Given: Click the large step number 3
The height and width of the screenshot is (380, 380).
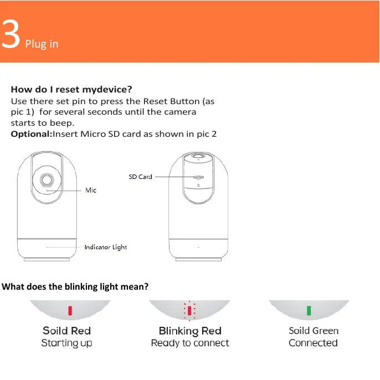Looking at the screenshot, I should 11,35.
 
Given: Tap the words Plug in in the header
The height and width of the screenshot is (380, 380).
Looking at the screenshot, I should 42,44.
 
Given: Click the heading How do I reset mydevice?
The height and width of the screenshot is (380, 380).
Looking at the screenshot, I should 71,89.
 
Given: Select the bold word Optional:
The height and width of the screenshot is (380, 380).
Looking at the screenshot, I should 31,134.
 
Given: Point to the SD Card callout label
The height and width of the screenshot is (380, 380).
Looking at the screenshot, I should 140,177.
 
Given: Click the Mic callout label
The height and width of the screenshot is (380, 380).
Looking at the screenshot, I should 91,190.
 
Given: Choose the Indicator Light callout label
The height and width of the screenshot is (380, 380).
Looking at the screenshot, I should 105,247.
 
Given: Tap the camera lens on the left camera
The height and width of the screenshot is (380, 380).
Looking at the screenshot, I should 46,180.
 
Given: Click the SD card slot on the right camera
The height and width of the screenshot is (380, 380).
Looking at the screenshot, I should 198,178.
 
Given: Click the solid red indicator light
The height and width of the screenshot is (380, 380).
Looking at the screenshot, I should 70,310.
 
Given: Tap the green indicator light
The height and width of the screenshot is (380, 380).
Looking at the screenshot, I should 309,310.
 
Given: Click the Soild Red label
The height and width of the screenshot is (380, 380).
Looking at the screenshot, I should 66,331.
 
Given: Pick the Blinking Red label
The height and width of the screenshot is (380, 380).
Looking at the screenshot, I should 189,331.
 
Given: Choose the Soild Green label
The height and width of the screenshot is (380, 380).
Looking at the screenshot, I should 314,331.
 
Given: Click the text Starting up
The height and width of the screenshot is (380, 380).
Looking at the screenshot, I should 66,343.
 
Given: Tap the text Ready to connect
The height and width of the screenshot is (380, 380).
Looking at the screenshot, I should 189,343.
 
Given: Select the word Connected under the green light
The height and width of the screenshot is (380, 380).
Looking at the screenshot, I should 313,343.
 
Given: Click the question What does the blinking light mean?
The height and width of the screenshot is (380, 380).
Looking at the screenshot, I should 75,286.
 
